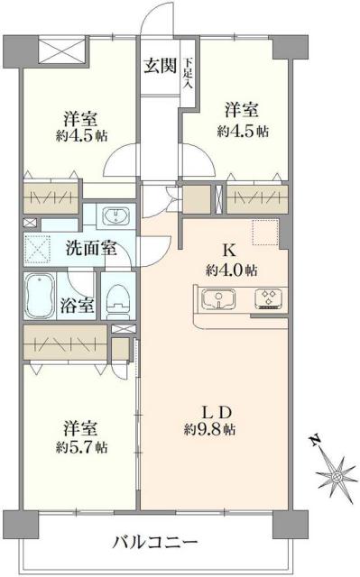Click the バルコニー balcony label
[154, 543]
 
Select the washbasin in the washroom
[115, 216]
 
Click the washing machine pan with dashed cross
[38, 248]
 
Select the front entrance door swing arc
[158, 18]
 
